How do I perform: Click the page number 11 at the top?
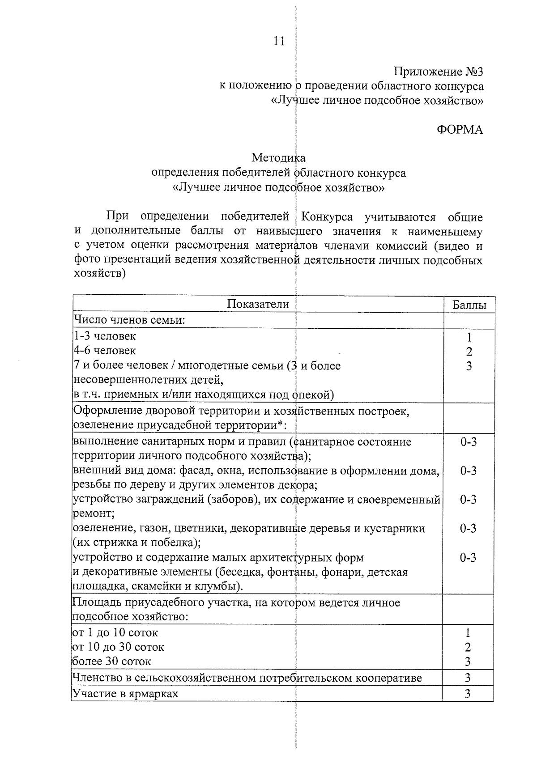278,42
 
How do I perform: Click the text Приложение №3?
438,72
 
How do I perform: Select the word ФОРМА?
460,130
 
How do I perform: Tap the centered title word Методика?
278,158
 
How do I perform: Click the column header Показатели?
258,305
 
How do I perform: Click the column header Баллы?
469,305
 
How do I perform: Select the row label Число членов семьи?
129,320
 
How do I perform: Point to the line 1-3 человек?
105,336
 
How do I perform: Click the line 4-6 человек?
105,351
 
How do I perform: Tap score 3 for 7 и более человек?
469,366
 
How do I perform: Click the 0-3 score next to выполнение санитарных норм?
468,442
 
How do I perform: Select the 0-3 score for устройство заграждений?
468,500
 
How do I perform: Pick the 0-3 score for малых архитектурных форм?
468,557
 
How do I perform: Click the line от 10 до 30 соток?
118,647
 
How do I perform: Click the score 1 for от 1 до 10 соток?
468,633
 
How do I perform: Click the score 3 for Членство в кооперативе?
468,678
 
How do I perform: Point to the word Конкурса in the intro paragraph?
327,217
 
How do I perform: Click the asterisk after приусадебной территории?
280,424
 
